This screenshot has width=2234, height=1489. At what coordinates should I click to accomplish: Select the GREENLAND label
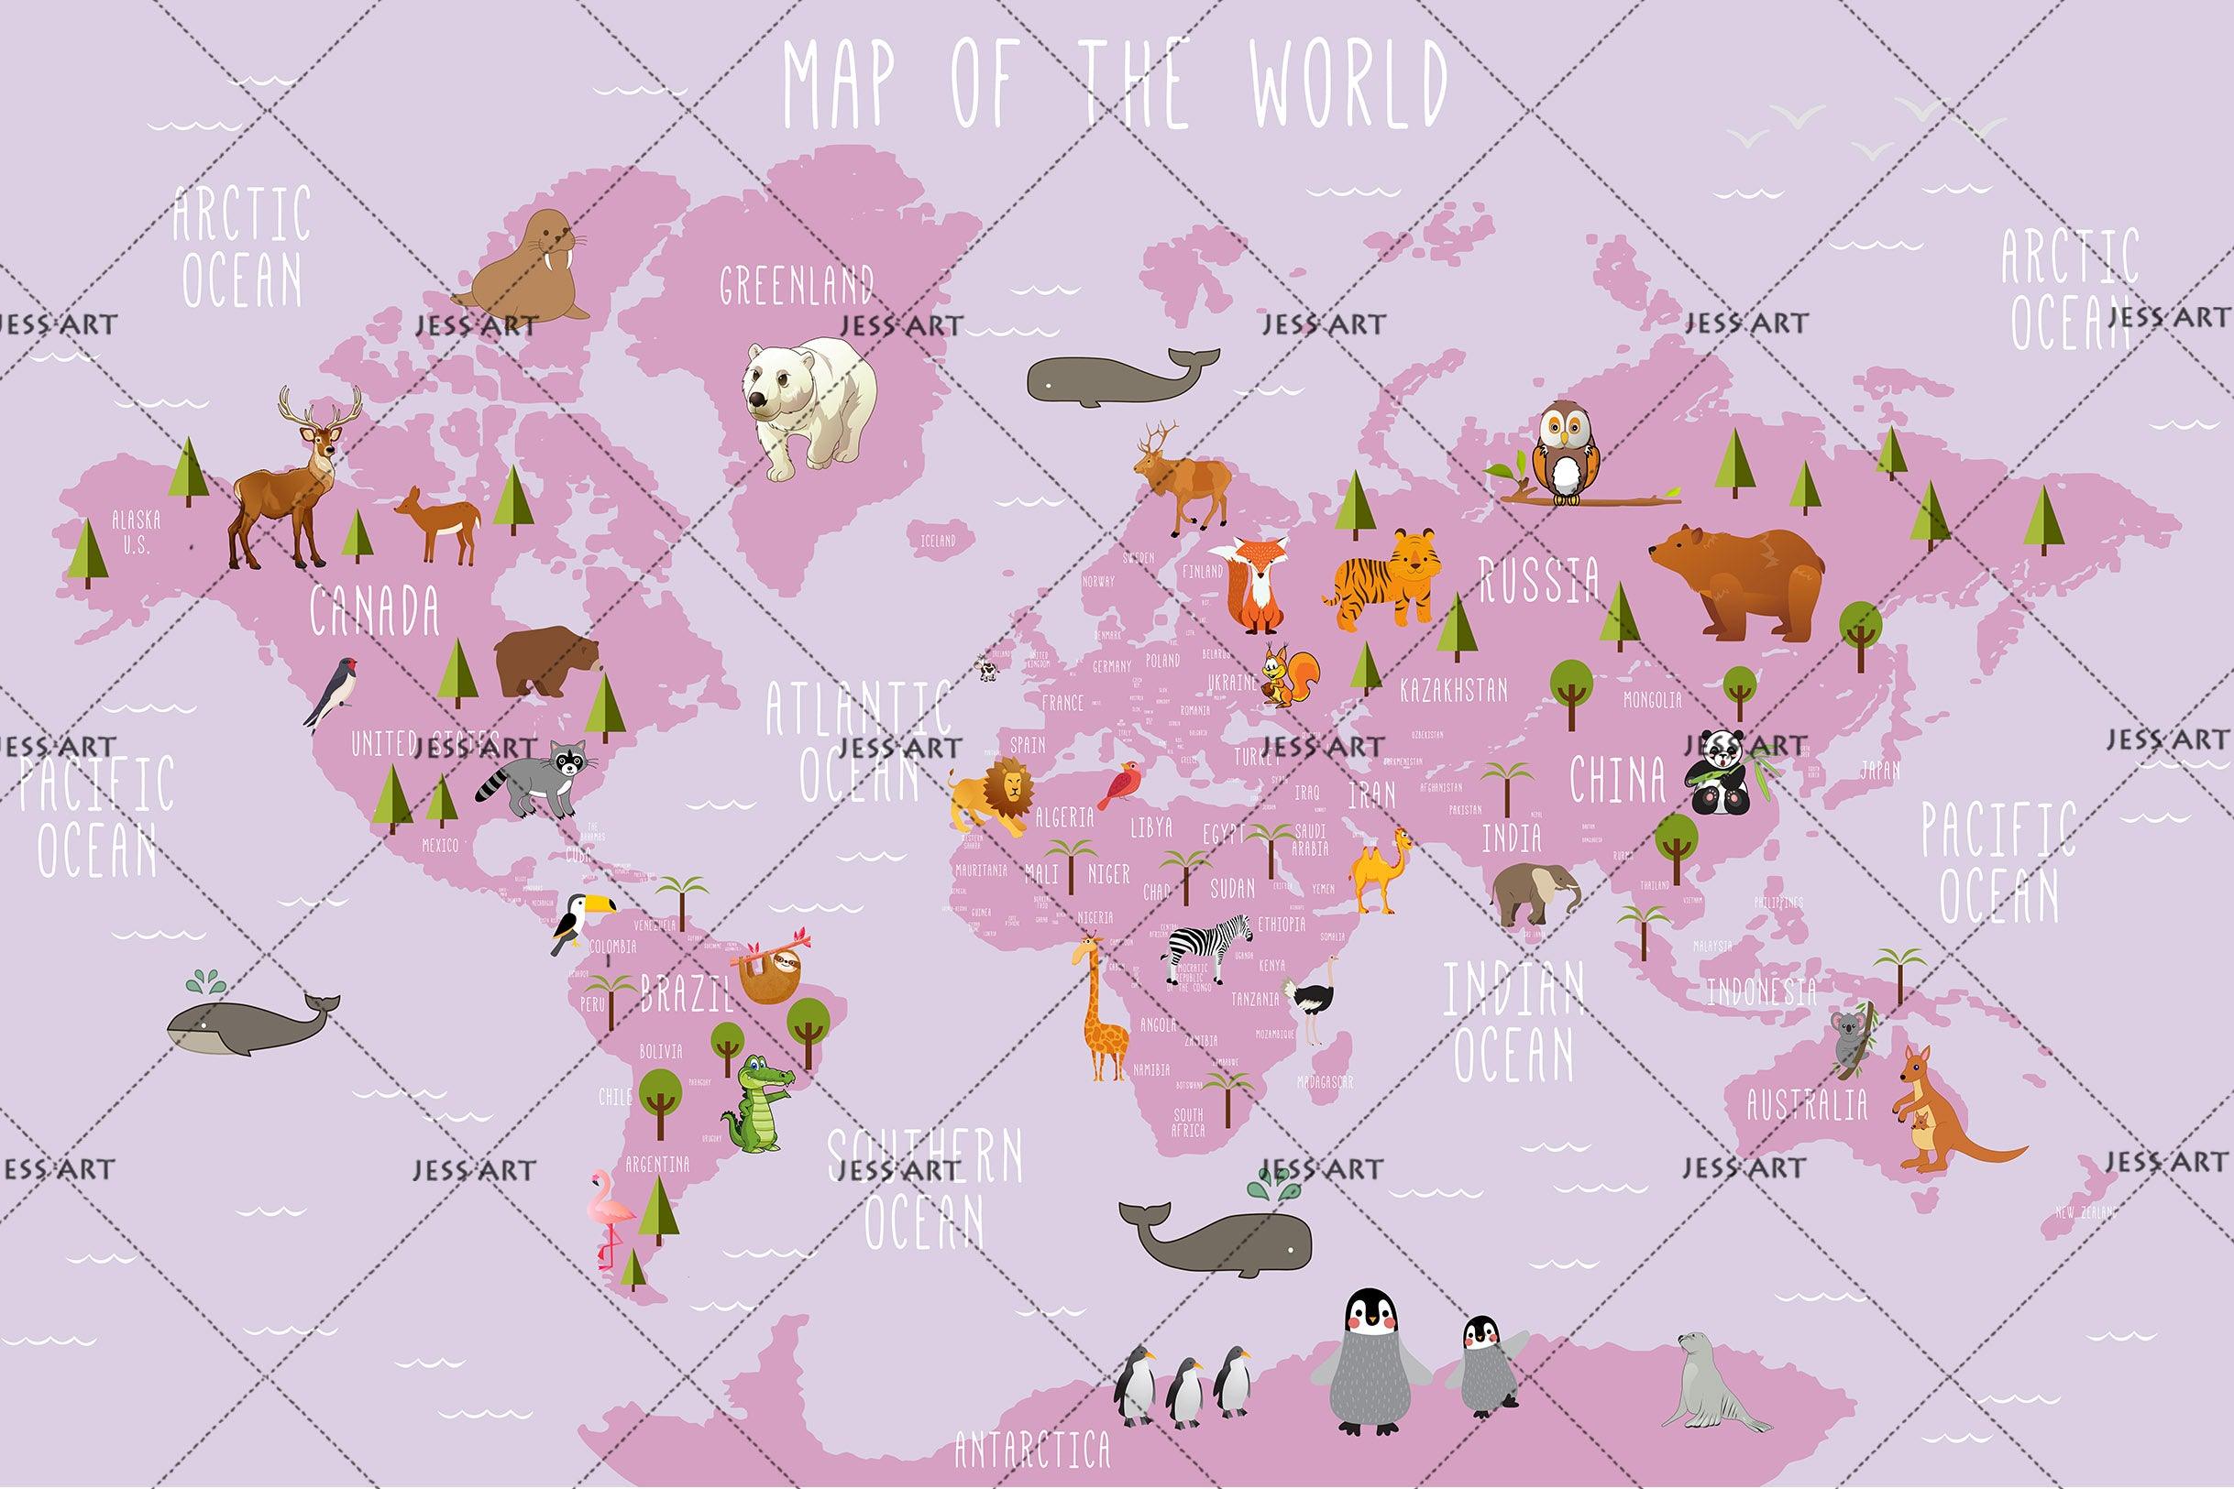click(x=796, y=285)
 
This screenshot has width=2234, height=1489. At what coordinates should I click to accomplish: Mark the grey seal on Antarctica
click(x=1710, y=1382)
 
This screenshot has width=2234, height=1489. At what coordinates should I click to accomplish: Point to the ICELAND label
click(x=939, y=541)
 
